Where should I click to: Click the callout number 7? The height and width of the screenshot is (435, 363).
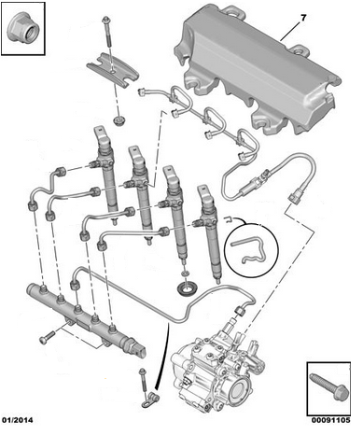(x=303, y=19)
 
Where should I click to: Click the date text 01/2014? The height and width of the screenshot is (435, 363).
(x=18, y=420)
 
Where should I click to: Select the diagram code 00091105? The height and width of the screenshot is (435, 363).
(x=331, y=420)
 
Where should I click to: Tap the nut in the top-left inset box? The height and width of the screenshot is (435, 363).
(x=22, y=28)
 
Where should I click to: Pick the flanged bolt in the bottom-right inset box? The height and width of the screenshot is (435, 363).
(x=329, y=386)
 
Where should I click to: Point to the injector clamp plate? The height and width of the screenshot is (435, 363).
(x=112, y=70)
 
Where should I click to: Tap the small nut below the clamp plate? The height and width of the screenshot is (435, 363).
(x=119, y=120)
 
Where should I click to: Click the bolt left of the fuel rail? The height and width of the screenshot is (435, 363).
(x=48, y=337)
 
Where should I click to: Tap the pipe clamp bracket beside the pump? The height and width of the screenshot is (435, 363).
(x=151, y=400)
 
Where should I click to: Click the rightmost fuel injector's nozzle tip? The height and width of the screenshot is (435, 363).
(x=218, y=281)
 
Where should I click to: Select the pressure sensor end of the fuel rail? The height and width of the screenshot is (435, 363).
(x=137, y=351)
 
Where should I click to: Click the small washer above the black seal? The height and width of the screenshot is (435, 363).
(x=185, y=273)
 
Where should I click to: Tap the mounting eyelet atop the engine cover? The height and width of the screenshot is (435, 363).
(x=233, y=11)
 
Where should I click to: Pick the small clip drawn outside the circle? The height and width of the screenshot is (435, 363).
(x=228, y=219)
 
